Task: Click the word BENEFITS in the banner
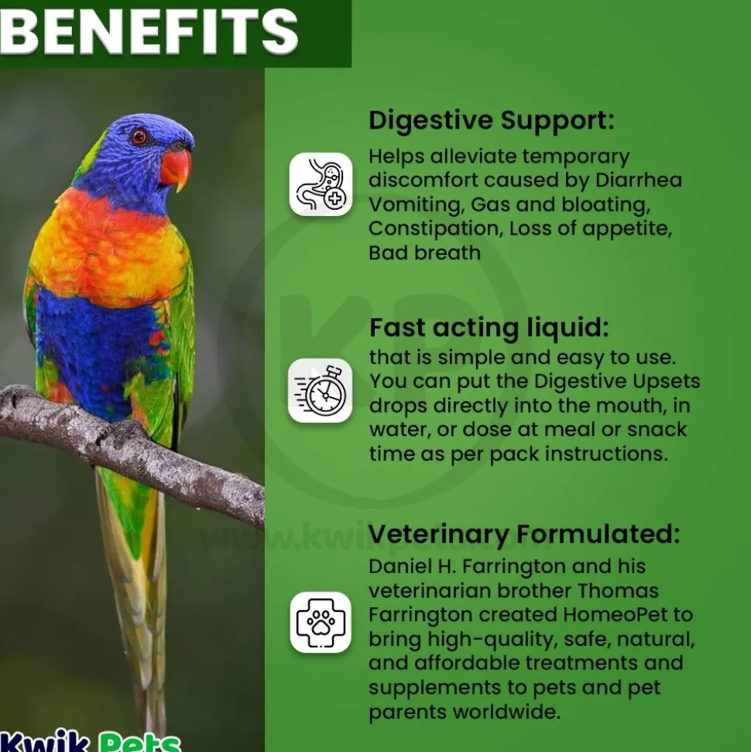tap(149, 31)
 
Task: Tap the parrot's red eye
tap(139, 136)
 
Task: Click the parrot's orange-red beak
tap(177, 168)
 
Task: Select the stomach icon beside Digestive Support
tap(321, 184)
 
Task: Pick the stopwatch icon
tap(321, 390)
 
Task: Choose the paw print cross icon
tap(321, 622)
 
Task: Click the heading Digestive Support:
tap(492, 120)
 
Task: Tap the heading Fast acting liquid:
tap(489, 328)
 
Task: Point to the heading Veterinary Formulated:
tap(524, 534)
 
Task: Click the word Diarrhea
tap(639, 180)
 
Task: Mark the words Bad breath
tap(424, 252)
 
